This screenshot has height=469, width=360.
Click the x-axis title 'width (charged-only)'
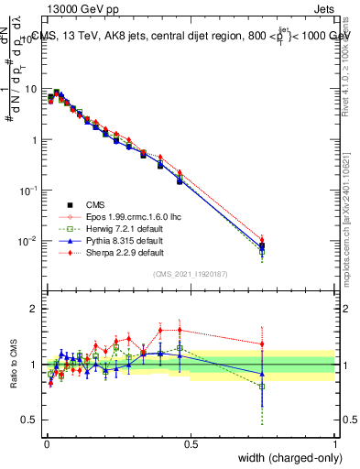tap(284, 458)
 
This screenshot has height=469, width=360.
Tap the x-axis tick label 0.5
tap(191, 443)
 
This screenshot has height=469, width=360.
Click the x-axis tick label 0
tap(47, 443)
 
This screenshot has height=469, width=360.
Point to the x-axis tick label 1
tap(334, 443)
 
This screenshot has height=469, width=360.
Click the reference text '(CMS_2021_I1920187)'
tap(191, 274)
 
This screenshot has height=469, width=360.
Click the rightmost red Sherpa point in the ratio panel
tap(263, 344)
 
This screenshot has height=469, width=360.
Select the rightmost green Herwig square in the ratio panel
tap(263, 387)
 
